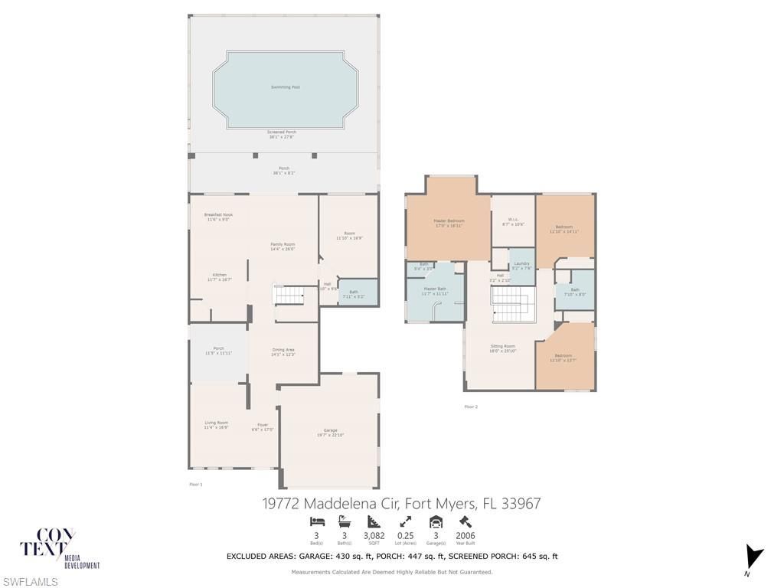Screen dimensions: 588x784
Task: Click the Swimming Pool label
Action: pyautogui.click(x=285, y=87)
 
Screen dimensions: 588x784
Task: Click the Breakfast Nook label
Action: pyautogui.click(x=218, y=217)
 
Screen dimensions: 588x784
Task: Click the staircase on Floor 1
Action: pyautogui.click(x=289, y=294)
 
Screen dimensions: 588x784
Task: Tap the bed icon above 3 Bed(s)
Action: pyautogui.click(x=317, y=522)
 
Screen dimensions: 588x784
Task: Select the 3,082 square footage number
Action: pyautogui.click(x=374, y=536)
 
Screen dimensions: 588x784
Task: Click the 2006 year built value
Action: pyautogui.click(x=465, y=536)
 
